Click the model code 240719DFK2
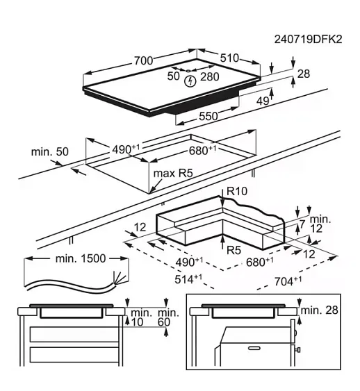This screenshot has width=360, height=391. tap(308, 40)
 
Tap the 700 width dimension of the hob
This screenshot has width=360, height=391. tap(143, 60)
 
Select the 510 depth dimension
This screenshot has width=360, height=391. tap(229, 58)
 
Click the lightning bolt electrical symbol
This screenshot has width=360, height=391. tap(190, 81)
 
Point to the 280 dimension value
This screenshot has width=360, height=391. tap(210, 77)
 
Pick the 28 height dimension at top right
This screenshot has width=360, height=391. tap(304, 74)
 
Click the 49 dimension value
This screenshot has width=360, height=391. tap(263, 101)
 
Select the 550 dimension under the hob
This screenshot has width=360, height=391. tap(208, 116)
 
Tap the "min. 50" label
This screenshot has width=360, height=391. tap(49, 151)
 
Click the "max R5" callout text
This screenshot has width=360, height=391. tap(173, 173)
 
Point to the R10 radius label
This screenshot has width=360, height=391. tap(237, 191)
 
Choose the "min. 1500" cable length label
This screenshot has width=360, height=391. tap(81, 258)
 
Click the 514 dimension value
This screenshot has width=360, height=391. tap(188, 279)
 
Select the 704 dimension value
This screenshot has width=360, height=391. tap(288, 281)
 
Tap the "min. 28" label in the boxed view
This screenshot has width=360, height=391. tap(319, 310)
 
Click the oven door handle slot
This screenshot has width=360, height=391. tap(254, 348)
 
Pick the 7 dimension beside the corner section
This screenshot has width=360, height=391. tap(302, 224)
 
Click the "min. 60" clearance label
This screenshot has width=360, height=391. tap(169, 317)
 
